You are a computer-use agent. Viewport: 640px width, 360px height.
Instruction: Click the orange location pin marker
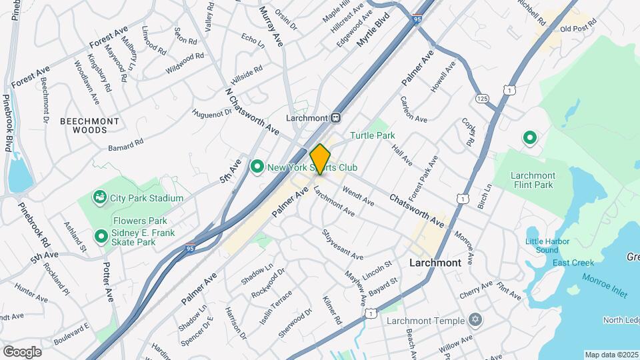(321, 159)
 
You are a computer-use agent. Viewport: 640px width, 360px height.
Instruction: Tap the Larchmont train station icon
(336, 117)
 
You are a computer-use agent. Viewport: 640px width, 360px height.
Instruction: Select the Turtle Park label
(373, 135)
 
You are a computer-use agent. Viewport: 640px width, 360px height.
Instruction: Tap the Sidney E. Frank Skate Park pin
(101, 236)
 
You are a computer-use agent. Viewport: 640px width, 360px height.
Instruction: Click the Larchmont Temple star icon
(475, 321)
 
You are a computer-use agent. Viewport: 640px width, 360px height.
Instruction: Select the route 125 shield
(483, 99)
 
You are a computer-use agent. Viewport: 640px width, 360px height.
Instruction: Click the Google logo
(22, 351)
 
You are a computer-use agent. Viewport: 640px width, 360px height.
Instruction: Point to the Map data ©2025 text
(611, 355)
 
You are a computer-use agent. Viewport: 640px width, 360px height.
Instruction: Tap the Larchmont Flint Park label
(533, 180)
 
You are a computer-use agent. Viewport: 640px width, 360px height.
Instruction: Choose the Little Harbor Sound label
(542, 245)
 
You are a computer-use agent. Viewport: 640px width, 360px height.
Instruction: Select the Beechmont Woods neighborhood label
(89, 125)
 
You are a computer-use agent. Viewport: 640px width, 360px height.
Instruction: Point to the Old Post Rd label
(577, 29)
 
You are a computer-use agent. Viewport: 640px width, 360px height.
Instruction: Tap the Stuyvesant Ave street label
(342, 245)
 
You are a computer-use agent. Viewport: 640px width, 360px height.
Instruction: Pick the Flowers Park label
(131, 221)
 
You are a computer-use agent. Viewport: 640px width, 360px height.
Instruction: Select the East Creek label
(569, 263)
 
